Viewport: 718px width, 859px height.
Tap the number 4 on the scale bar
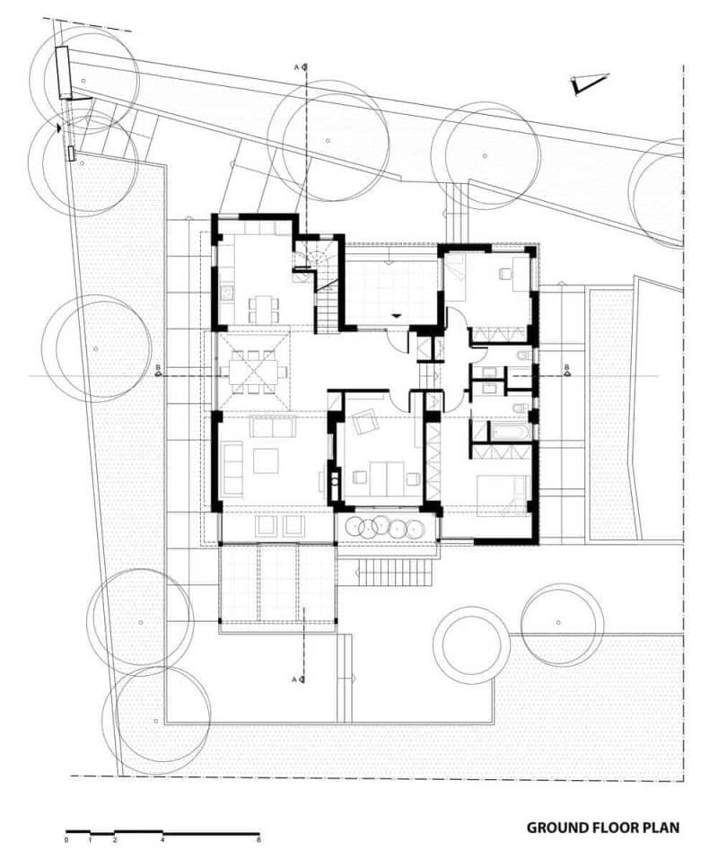[162, 839]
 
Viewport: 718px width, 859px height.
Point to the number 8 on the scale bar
[258, 839]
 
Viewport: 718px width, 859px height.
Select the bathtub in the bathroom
[510, 432]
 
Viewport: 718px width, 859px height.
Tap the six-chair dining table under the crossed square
[253, 373]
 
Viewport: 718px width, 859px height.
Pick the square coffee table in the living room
[267, 460]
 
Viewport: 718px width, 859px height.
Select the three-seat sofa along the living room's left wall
[232, 468]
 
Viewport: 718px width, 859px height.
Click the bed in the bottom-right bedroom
[501, 495]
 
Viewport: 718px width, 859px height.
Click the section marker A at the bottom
[299, 679]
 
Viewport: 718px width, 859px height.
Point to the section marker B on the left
[158, 371]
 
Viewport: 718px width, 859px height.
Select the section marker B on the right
[566, 371]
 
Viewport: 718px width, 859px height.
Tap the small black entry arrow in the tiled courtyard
[396, 316]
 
